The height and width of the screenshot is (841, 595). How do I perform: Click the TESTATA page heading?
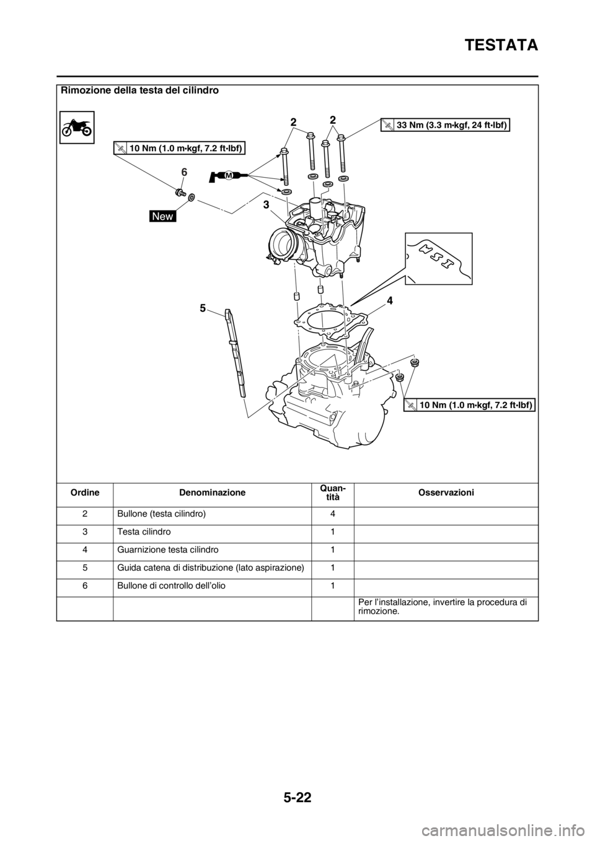click(501, 45)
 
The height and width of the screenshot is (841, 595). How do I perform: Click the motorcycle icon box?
click(77, 128)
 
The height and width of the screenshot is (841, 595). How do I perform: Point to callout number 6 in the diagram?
click(183, 172)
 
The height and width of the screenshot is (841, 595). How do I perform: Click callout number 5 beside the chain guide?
click(203, 308)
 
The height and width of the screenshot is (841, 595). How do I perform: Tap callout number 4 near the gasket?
click(390, 300)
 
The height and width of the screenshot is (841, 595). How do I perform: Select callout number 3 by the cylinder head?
click(266, 205)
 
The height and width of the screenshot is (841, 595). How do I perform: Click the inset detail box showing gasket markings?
click(439, 259)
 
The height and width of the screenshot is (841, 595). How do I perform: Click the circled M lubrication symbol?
click(229, 175)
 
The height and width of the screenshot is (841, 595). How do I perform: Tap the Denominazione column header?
click(212, 492)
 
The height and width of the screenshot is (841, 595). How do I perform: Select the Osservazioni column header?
click(446, 492)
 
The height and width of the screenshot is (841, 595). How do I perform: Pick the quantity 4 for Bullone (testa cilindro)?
click(333, 514)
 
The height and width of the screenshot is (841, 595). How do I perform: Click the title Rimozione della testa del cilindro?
click(139, 90)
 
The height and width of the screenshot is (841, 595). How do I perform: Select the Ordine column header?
click(85, 492)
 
